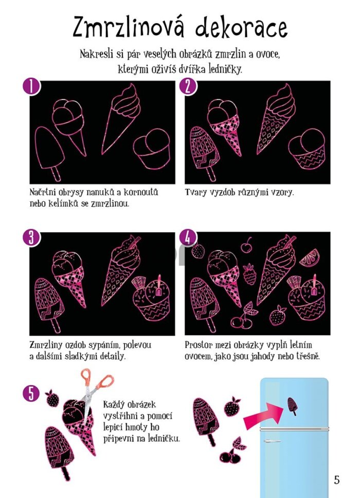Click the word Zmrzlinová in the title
coord(128,27)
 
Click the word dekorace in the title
coord(242,27)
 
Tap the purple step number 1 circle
coord(31,87)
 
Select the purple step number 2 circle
coord(188,87)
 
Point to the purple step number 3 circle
coord(31,238)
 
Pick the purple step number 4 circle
coord(188,238)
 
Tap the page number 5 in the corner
coord(337,480)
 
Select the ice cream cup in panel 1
coord(152,148)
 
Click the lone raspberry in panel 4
coord(249,274)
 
